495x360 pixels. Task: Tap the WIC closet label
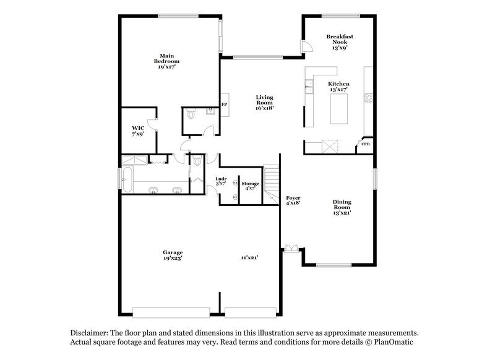point(137,130)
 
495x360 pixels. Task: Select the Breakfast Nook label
point(339,41)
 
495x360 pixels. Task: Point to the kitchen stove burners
point(369,98)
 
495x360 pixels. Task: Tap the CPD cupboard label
point(366,145)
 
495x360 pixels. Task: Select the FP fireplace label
point(225,105)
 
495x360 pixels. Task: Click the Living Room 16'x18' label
point(265,101)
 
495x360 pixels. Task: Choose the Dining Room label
point(342,207)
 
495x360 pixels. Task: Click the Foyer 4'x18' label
point(293,200)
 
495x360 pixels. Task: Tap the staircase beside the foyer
point(272,182)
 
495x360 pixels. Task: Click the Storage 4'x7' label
point(250,186)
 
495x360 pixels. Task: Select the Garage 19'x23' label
point(173,255)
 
